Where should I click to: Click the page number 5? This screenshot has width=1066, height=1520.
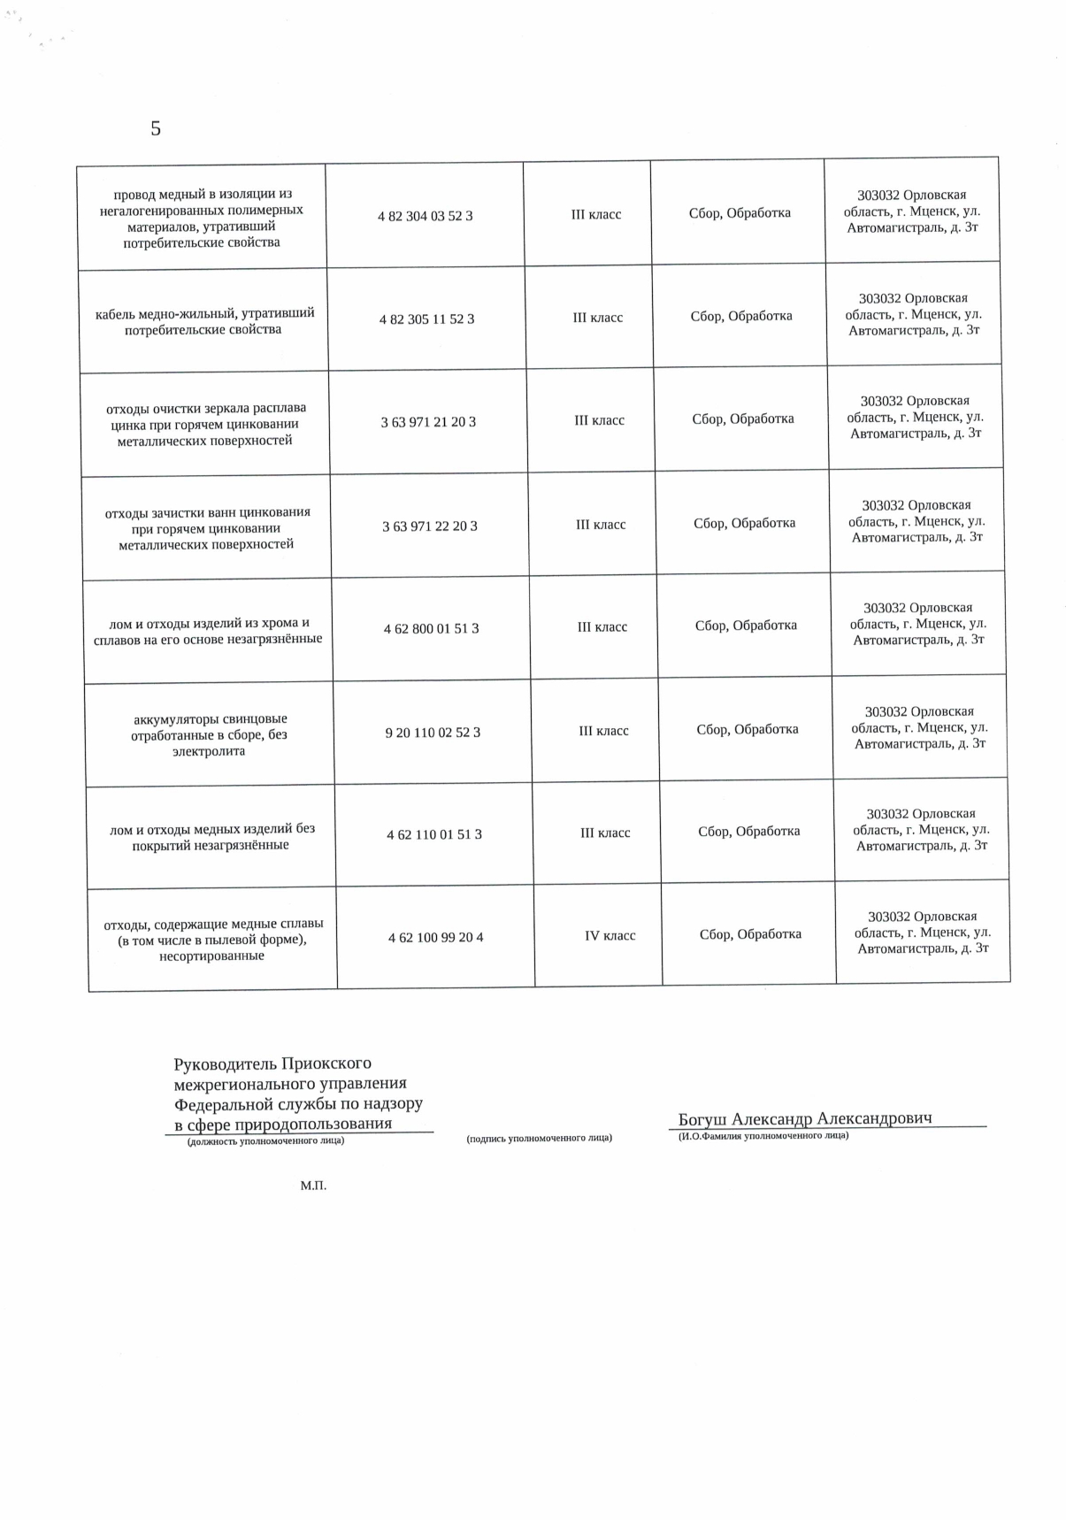pyautogui.click(x=156, y=129)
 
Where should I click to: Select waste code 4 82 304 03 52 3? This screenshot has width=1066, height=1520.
pyautogui.click(x=425, y=216)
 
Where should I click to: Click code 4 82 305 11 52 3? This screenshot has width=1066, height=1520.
pyautogui.click(x=426, y=319)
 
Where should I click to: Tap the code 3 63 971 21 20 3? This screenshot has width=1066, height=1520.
pyautogui.click(x=428, y=422)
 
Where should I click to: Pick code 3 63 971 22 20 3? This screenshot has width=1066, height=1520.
pyautogui.click(x=429, y=526)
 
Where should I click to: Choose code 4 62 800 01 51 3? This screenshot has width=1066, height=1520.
pyautogui.click(x=431, y=629)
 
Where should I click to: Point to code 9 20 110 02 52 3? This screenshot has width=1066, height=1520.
pyautogui.click(x=433, y=733)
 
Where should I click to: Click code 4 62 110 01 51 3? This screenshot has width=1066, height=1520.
pyautogui.click(x=433, y=834)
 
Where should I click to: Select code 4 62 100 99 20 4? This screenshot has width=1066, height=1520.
pyautogui.click(x=435, y=937)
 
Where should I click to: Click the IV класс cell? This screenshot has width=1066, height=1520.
pyautogui.click(x=610, y=936)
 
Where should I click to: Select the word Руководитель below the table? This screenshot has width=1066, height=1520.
pyautogui.click(x=225, y=1063)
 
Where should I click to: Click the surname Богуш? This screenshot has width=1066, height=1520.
pyautogui.click(x=702, y=1119)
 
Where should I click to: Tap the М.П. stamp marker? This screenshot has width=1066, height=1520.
pyautogui.click(x=313, y=1186)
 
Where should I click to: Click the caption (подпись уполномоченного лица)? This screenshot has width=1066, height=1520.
pyautogui.click(x=539, y=1138)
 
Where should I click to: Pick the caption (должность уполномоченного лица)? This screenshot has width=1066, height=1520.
pyautogui.click(x=265, y=1140)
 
